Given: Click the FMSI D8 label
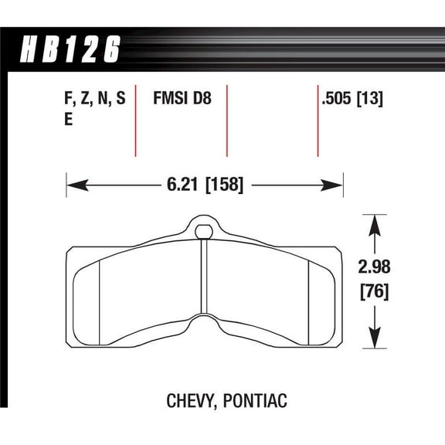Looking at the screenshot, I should coord(181,100).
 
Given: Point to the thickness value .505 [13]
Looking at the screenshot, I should coord(352,100).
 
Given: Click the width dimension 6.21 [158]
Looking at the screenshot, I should coord(204,185).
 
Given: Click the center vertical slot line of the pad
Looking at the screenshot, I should coord(204,278).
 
